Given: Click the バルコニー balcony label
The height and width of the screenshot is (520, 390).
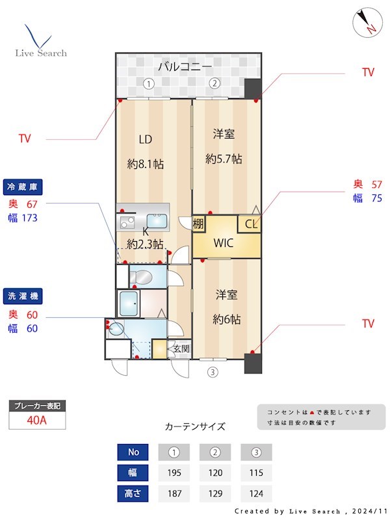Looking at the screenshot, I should (185, 67).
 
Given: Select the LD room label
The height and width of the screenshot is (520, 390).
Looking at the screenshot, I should (144, 139).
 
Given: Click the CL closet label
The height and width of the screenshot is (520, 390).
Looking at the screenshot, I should (251, 224).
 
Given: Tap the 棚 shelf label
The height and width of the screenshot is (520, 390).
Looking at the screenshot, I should (199, 224).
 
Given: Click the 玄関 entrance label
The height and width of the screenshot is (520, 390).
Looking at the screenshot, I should (181, 349).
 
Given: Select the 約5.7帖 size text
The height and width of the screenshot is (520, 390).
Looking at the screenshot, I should (224, 158).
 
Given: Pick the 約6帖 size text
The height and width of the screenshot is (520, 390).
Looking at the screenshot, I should (227, 319).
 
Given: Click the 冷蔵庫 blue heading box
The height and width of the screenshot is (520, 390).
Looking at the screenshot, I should (23, 187).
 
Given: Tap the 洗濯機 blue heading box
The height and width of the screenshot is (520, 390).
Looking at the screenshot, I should (23, 296).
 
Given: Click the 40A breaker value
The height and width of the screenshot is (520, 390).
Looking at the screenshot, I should (37, 420).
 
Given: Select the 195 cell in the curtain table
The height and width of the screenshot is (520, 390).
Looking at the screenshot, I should (174, 472).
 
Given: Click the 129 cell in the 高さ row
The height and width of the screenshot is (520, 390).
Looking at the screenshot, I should (215, 493).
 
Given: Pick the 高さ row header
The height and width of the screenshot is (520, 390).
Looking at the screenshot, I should (133, 493).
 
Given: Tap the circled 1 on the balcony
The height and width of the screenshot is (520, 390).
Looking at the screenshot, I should (148, 83).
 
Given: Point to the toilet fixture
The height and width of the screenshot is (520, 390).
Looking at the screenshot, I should (139, 278).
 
